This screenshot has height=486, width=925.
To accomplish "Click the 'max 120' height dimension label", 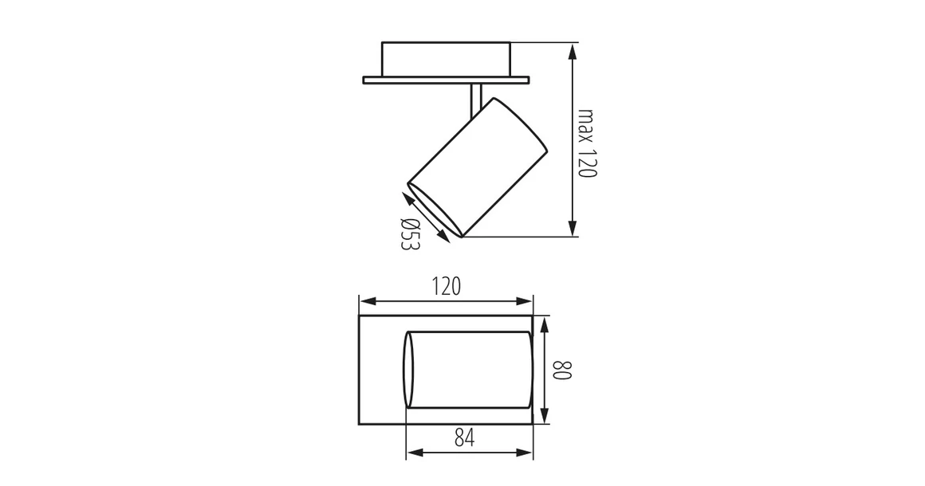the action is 587,143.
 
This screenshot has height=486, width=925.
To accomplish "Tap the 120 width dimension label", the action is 446,286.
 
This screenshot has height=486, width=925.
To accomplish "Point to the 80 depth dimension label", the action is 562,370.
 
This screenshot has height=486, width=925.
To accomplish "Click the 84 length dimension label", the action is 465,437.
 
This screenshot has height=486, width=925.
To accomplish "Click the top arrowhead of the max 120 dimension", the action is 572,51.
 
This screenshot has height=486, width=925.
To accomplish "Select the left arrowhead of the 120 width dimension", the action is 368,301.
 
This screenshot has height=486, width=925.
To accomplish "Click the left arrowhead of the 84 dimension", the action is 415,453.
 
